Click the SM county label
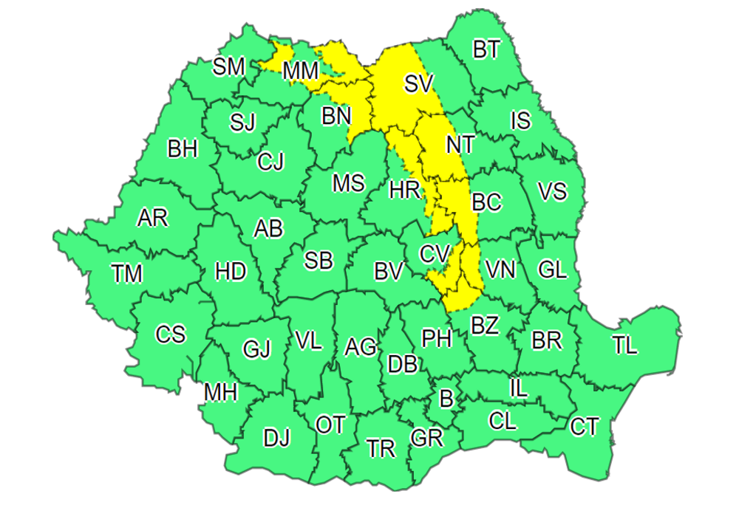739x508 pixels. click(229, 67)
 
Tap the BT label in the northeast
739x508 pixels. click(486, 50)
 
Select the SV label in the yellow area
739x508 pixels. click(418, 83)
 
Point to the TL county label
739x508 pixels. click(625, 346)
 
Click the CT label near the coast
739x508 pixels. click(585, 426)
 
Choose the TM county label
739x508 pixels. click(127, 274)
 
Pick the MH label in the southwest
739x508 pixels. click(221, 393)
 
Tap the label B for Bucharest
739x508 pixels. click(446, 399)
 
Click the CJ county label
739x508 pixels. click(271, 161)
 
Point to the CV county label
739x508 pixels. click(435, 254)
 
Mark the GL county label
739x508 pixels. click(552, 270)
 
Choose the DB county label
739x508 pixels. click(403, 364)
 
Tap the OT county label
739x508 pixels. click(330, 425)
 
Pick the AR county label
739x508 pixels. click(153, 219)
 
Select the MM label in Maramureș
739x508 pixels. click(301, 71)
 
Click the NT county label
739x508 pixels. click(460, 145)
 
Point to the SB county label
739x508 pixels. click(319, 260)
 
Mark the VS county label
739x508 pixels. click(552, 192)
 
